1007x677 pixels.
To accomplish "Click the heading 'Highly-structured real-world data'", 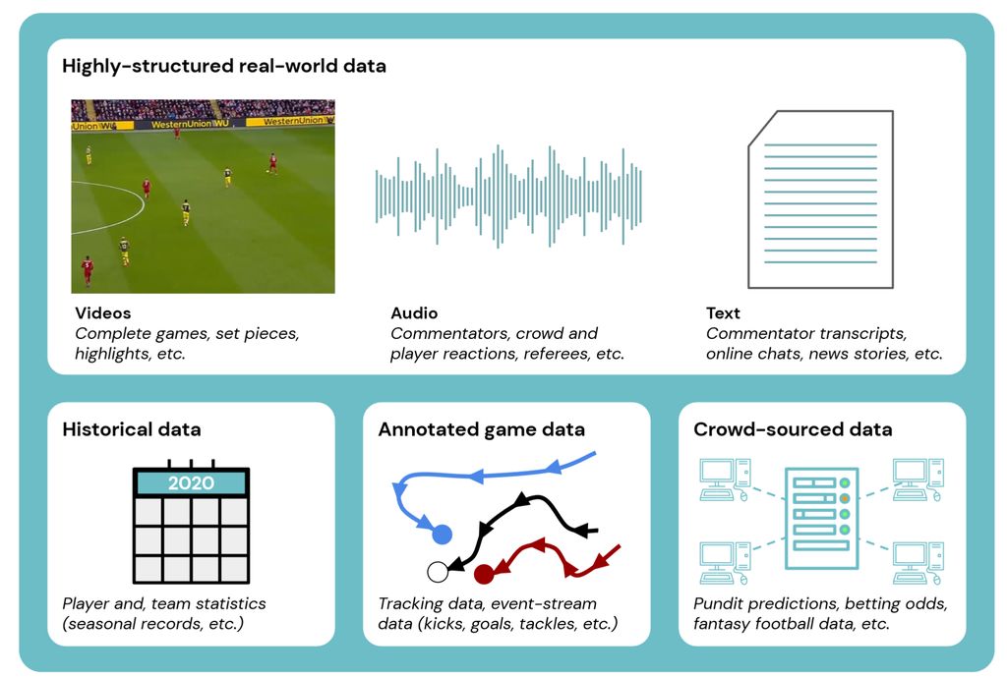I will click(x=224, y=67).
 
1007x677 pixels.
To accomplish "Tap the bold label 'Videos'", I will click(x=102, y=313).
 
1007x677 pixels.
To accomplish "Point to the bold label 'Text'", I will click(x=723, y=313).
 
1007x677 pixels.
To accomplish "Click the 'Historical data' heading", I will click(x=132, y=429).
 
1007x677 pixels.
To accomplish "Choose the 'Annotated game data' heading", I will click(x=481, y=429).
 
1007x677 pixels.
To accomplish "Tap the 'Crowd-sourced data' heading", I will click(x=793, y=429).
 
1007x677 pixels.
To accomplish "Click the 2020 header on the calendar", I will click(x=191, y=483).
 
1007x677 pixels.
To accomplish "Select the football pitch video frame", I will click(x=203, y=196).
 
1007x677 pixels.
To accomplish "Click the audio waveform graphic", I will click(x=508, y=196).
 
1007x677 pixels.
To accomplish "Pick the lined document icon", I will click(x=820, y=198).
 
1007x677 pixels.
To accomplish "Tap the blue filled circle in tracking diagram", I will click(x=442, y=534).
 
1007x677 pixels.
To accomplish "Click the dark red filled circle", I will click(x=483, y=574).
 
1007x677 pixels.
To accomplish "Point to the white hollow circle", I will click(x=438, y=571).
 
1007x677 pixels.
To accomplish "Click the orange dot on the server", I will click(x=845, y=498).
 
